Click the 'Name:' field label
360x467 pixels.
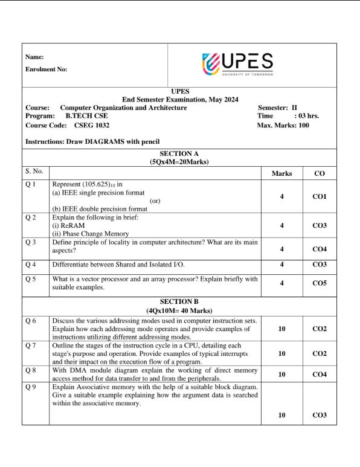tap(34, 57)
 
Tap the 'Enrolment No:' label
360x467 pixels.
tap(47, 69)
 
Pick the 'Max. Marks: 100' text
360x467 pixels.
tap(283, 126)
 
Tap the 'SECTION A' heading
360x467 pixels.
tap(179, 154)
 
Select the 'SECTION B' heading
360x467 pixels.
tap(179, 301)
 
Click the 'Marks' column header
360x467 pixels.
tap(282, 173)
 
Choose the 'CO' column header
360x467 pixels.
tap(320, 173)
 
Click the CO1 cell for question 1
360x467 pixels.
tap(320, 196)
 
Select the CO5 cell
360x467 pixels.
tap(320, 283)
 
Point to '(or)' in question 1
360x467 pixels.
tap(155, 200)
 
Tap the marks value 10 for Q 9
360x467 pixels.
tap(282, 415)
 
